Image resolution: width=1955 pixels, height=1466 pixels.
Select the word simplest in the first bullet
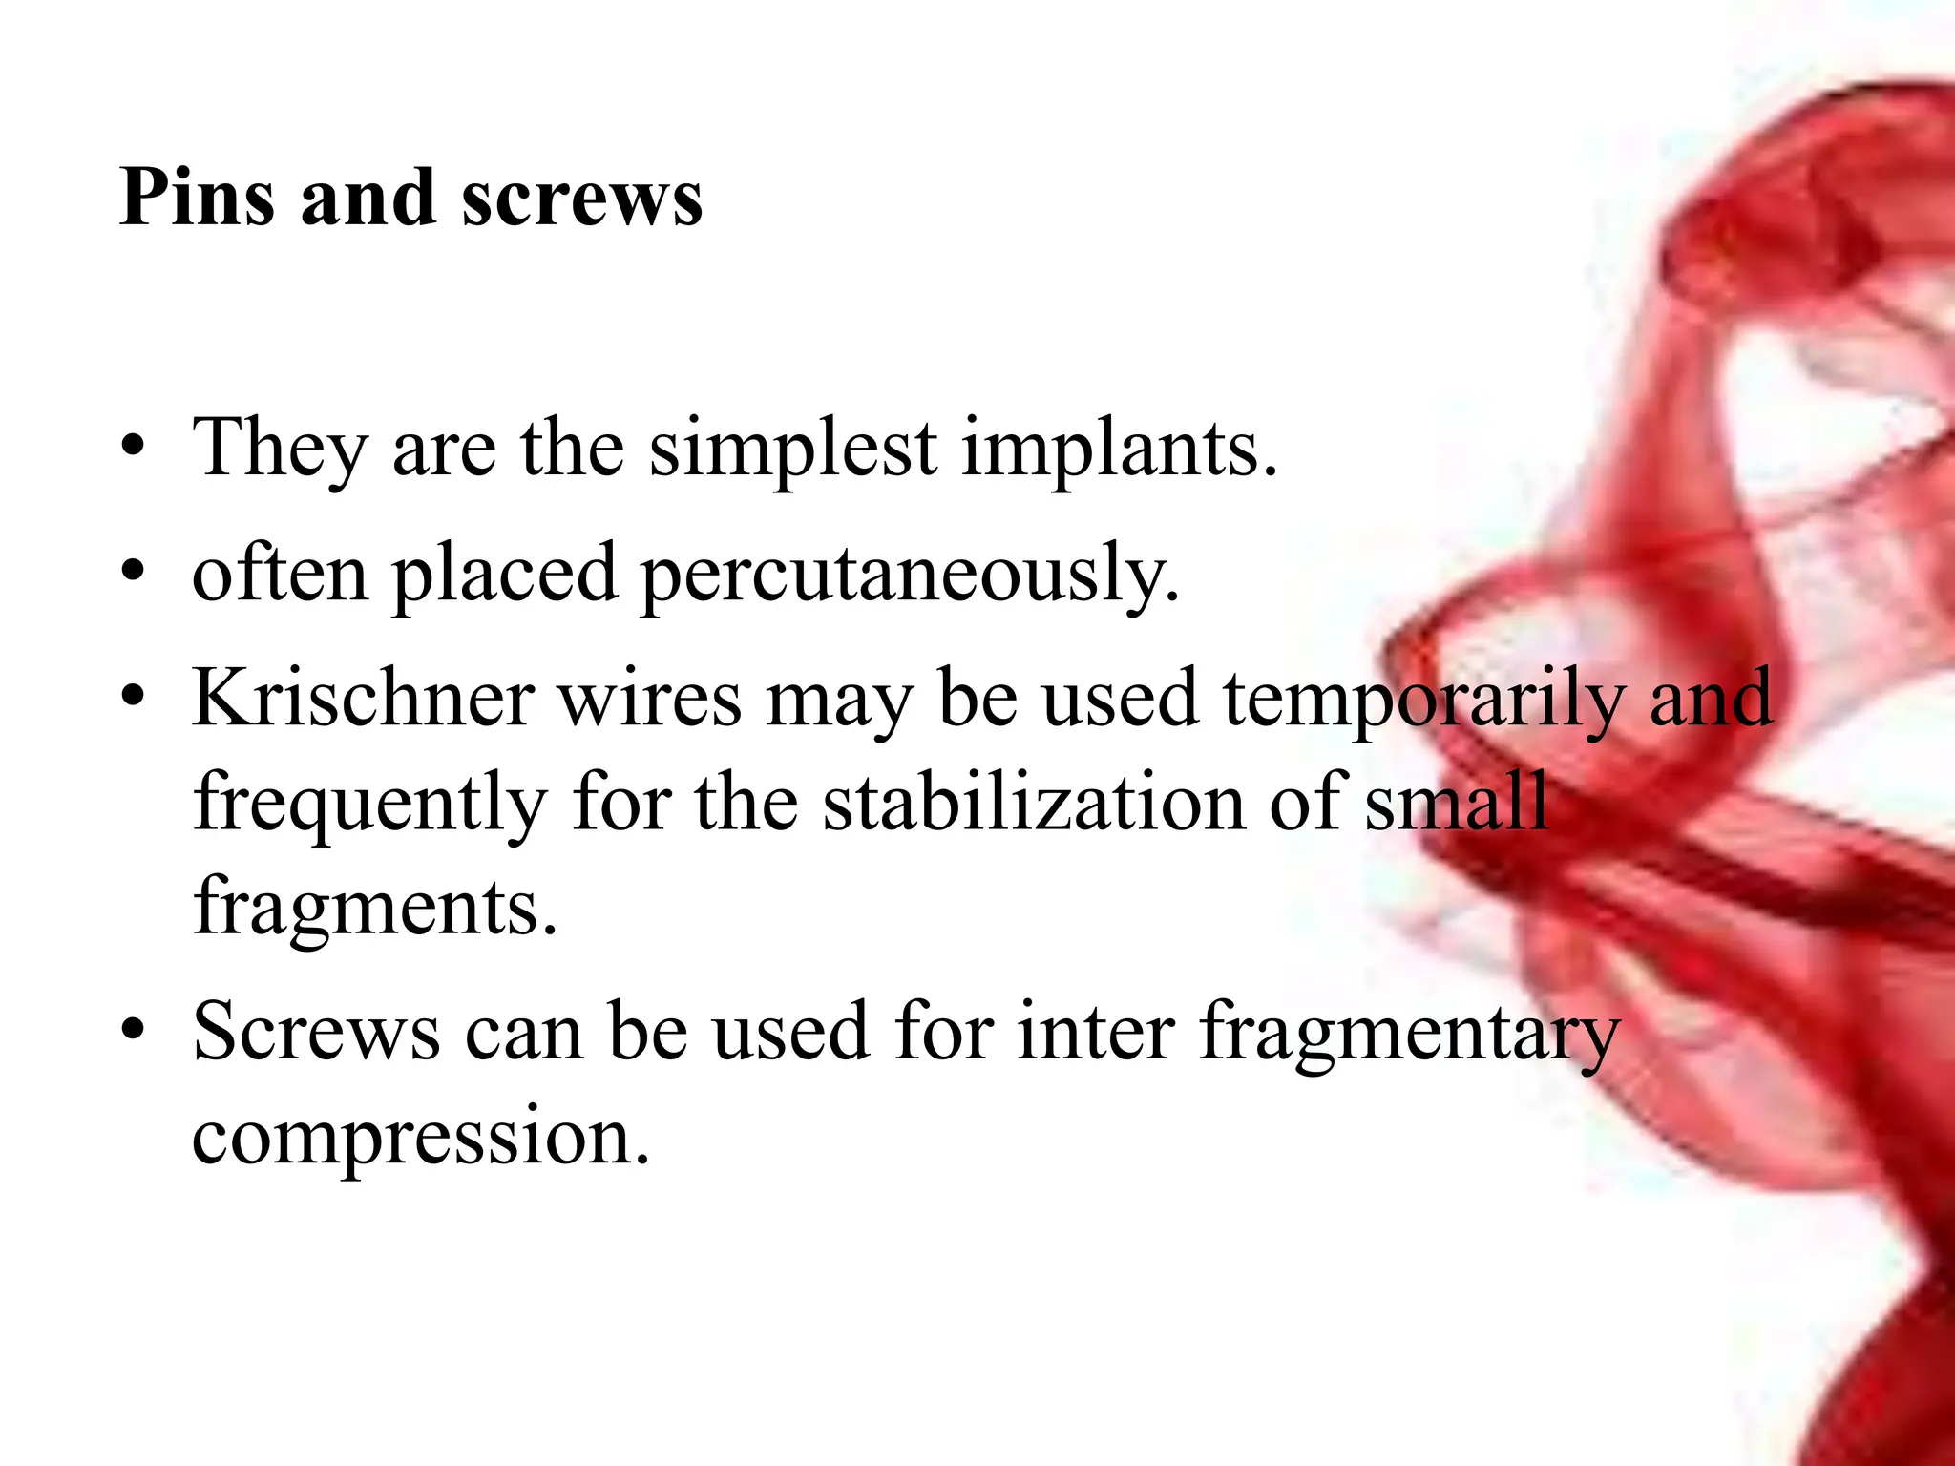point(793,448)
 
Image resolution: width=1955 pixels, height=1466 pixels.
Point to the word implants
point(1118,448)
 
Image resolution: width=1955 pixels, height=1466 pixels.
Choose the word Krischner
point(363,699)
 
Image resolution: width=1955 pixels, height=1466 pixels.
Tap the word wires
point(650,699)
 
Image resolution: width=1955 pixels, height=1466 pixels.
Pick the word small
point(1456,805)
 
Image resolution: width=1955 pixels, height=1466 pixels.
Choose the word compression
point(420,1136)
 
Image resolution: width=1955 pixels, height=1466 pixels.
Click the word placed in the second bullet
point(504,574)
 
